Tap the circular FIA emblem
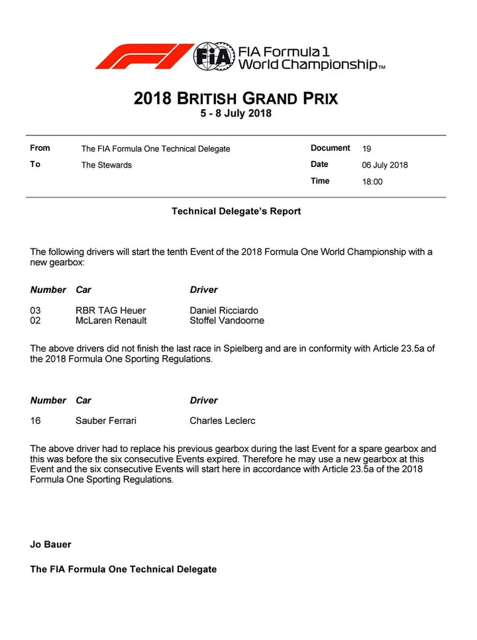click(x=213, y=56)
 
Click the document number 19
click(x=367, y=148)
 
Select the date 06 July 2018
click(x=385, y=165)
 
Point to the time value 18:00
click(x=372, y=182)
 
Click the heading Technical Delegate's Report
click(x=236, y=211)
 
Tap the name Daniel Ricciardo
click(x=224, y=310)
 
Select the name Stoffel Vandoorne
click(x=227, y=321)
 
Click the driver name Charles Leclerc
click(x=223, y=421)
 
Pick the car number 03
click(x=36, y=310)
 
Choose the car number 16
click(x=36, y=421)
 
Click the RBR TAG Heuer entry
click(x=111, y=310)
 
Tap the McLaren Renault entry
click(x=111, y=321)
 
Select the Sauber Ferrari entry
click(x=106, y=421)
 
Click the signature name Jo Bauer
click(x=50, y=545)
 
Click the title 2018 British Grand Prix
click(x=236, y=99)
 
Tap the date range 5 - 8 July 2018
click(x=236, y=113)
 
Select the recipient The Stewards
click(x=106, y=165)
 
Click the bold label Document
click(x=330, y=148)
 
